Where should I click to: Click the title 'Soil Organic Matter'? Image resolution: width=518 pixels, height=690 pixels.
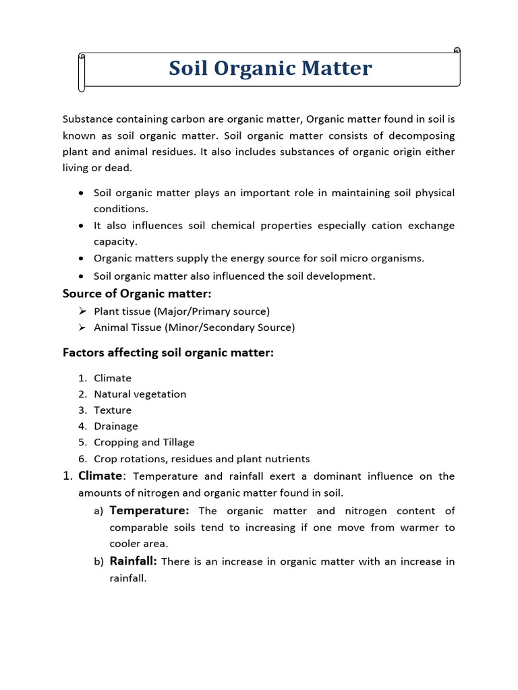[270, 69]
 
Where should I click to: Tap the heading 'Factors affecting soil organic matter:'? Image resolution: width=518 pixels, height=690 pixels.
[168, 352]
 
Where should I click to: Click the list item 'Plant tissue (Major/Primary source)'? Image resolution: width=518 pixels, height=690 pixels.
[181, 311]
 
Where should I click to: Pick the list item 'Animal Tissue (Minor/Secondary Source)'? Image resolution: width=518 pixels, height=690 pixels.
[194, 327]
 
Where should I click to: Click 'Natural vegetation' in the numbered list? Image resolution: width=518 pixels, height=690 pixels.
[140, 394]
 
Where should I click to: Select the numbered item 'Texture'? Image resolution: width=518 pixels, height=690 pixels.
[113, 410]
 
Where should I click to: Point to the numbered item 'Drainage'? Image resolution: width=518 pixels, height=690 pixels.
[115, 427]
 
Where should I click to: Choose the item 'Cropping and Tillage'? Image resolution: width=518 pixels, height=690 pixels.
[144, 443]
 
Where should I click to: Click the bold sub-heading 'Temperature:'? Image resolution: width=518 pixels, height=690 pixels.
[149, 511]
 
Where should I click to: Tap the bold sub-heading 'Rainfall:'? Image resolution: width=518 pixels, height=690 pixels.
[133, 561]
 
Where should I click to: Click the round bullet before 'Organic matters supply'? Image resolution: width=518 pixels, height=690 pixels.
[81, 258]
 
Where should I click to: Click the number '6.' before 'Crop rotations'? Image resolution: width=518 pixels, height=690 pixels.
[82, 459]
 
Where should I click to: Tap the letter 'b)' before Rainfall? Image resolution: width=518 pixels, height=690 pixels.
[98, 562]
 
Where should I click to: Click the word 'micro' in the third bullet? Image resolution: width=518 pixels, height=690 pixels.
[349, 258]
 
